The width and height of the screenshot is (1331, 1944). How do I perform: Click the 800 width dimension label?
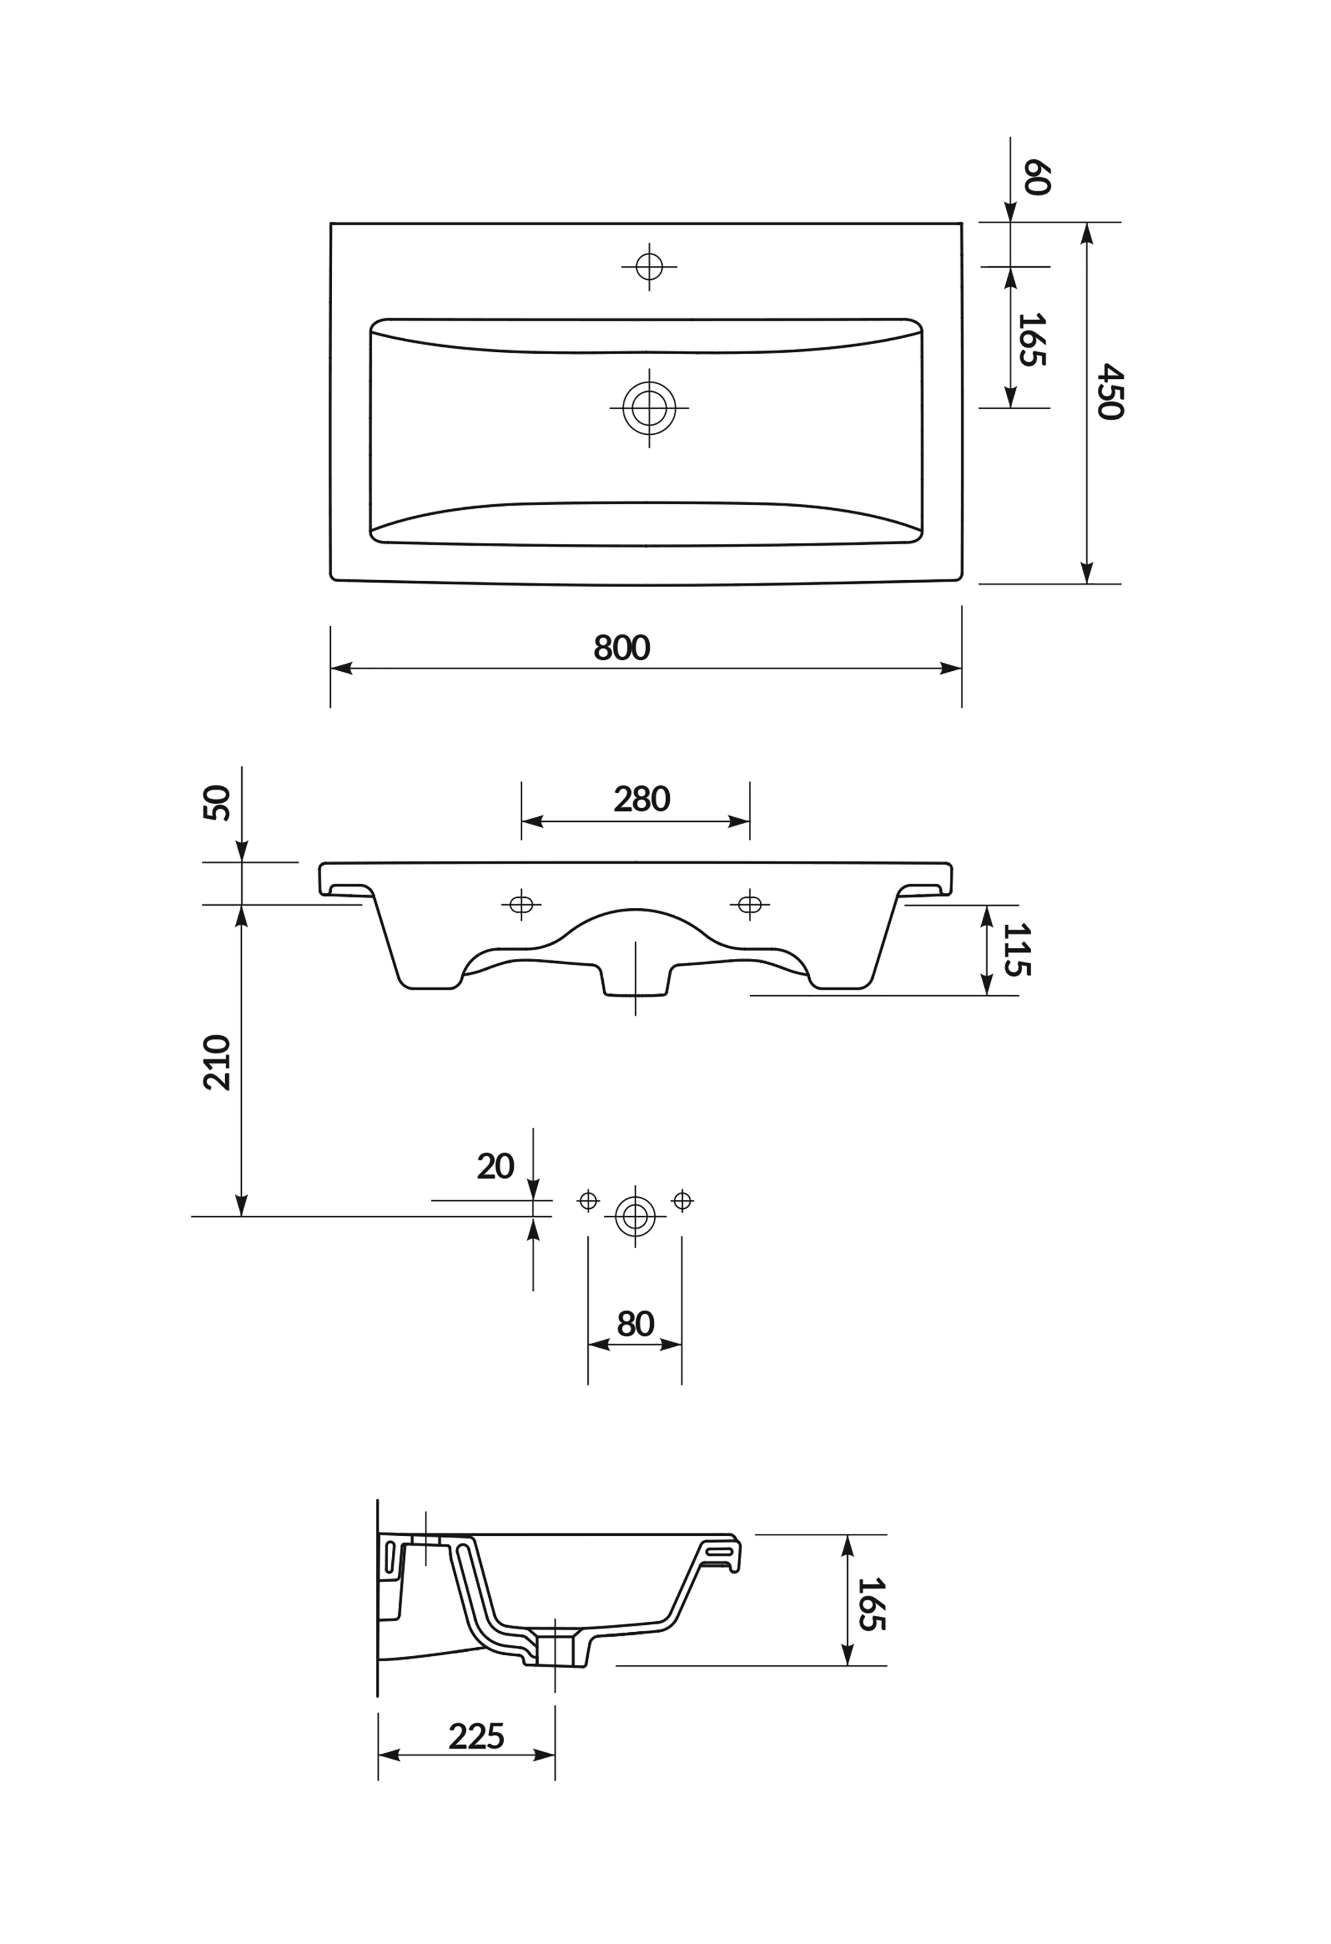[x=621, y=648]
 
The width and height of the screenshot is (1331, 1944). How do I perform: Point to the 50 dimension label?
[x=217, y=803]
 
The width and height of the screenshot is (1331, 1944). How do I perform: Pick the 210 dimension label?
[x=217, y=1062]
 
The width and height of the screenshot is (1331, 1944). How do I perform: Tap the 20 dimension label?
[x=495, y=1166]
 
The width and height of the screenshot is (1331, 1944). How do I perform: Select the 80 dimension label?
[x=635, y=1324]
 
